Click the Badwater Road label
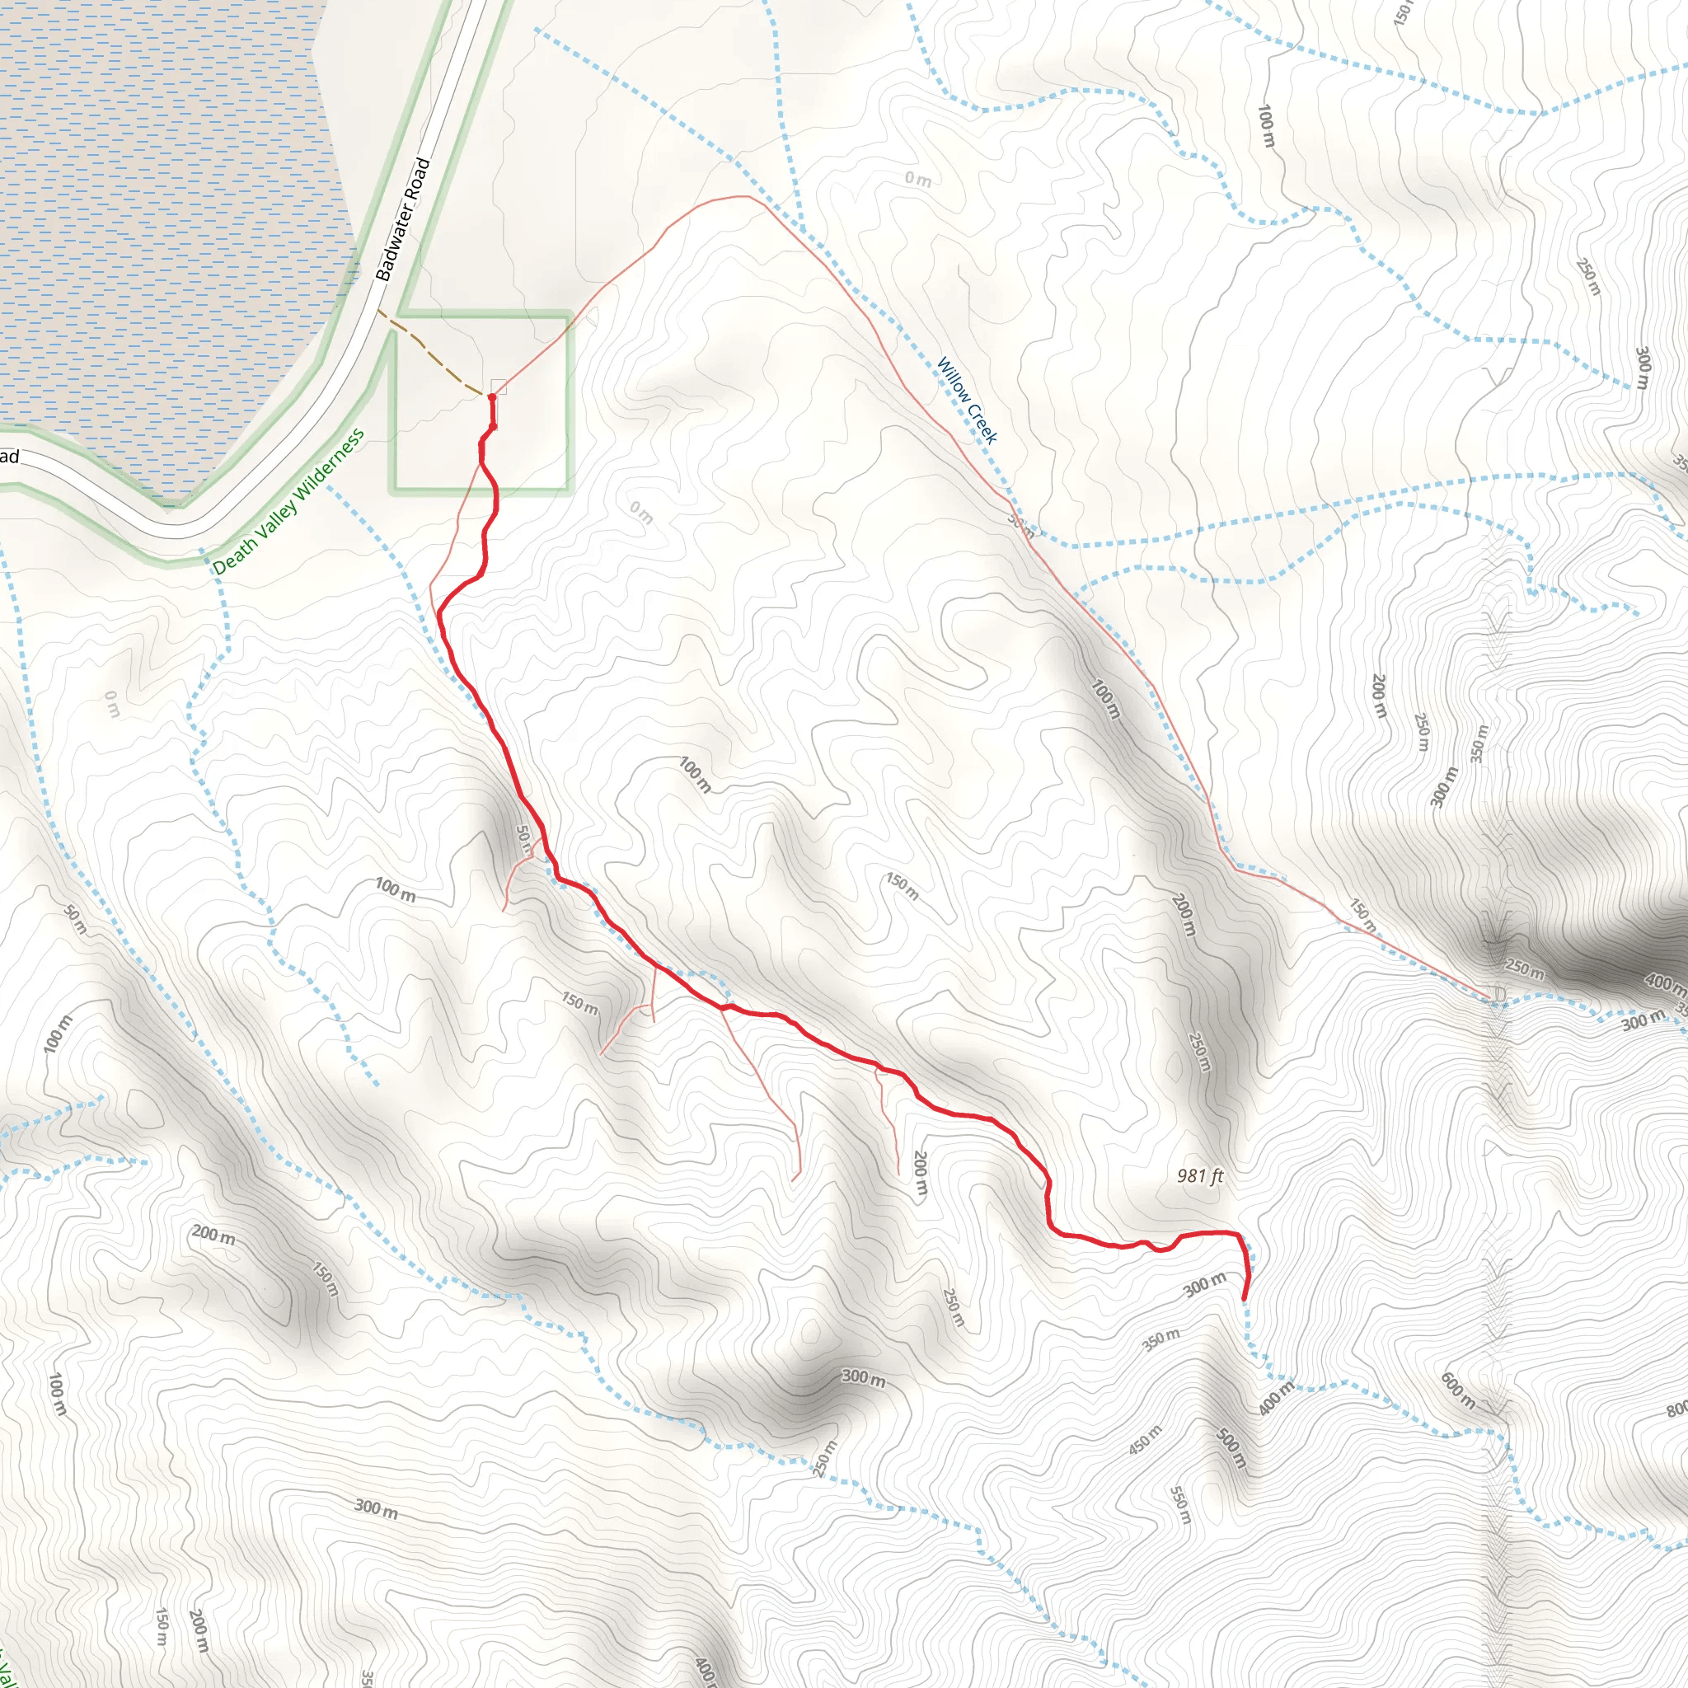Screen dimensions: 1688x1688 coord(403,218)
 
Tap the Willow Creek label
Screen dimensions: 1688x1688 coord(966,400)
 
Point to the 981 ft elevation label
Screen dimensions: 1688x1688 coord(1199,1176)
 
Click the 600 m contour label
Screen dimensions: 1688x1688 coord(1458,1391)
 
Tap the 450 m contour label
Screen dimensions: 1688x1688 coord(1145,1439)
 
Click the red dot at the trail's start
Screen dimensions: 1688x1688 coord(492,397)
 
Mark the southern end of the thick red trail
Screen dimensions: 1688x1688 coord(1243,1300)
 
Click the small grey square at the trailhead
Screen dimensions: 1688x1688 coord(499,387)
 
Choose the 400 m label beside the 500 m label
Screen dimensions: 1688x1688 coord(1277,1397)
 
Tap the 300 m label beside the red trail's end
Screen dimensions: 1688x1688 coord(1205,1285)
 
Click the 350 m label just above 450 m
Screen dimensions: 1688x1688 coord(1161,1339)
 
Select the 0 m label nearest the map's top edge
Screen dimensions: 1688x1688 coord(917,179)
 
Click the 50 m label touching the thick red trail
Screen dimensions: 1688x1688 coord(523,839)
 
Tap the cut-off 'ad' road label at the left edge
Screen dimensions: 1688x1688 coord(9,456)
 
